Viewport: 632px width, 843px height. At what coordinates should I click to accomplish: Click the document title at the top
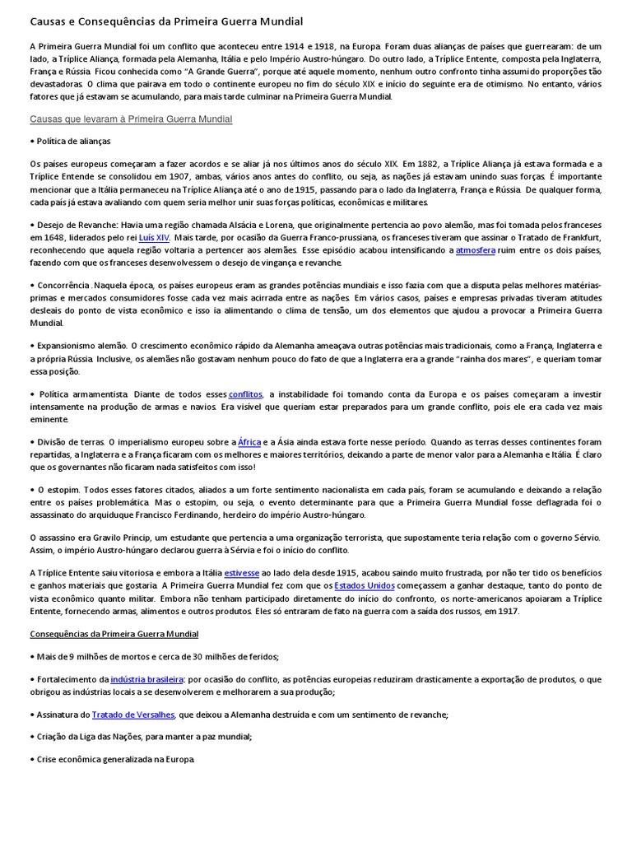(166, 21)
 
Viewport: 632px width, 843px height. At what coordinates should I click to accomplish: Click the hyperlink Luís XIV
(154, 237)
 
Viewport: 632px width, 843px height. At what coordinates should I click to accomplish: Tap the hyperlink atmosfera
(476, 249)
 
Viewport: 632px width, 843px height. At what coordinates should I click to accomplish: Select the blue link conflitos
(245, 394)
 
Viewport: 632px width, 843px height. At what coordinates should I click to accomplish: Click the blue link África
(249, 442)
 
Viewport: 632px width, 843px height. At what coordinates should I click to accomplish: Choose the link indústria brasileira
(147, 679)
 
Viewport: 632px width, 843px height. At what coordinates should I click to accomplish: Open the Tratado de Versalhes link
(133, 715)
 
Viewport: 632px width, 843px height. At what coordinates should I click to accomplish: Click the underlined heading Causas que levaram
(131, 119)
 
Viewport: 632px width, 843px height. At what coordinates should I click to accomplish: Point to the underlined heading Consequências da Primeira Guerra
(114, 634)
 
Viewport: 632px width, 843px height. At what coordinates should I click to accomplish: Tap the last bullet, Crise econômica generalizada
(114, 758)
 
